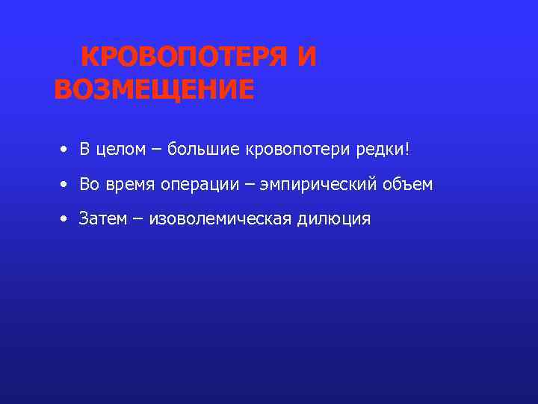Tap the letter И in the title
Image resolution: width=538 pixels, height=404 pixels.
[x=306, y=58]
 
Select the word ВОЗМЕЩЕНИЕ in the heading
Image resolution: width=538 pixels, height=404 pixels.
[x=154, y=90]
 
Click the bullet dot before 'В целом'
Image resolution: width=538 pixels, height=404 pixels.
[x=65, y=150]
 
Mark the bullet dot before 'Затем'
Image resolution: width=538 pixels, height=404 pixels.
[x=65, y=219]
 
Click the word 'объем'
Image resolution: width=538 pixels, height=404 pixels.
[x=409, y=184]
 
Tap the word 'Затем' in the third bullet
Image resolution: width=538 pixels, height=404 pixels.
[x=102, y=219]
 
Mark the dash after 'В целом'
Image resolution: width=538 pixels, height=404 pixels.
[x=157, y=150]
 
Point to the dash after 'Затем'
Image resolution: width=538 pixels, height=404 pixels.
[x=138, y=220]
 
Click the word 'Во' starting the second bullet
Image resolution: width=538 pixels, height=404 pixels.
[x=90, y=184]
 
